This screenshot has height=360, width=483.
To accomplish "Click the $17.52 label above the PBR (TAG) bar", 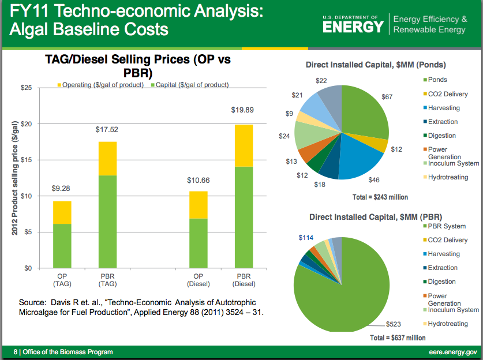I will click(x=107, y=130).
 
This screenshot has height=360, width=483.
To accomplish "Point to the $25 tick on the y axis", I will click(x=25, y=88).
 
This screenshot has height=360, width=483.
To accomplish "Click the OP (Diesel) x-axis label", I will click(x=197, y=280).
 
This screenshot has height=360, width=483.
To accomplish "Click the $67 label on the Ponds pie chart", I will click(x=387, y=97).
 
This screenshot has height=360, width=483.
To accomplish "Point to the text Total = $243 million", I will click(x=380, y=197).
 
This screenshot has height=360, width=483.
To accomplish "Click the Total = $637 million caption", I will click(x=398, y=338).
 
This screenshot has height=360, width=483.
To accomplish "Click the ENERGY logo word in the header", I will click(x=353, y=27).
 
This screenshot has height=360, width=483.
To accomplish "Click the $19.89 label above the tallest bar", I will click(x=242, y=110).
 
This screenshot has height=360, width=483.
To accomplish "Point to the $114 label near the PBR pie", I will click(x=306, y=238).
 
